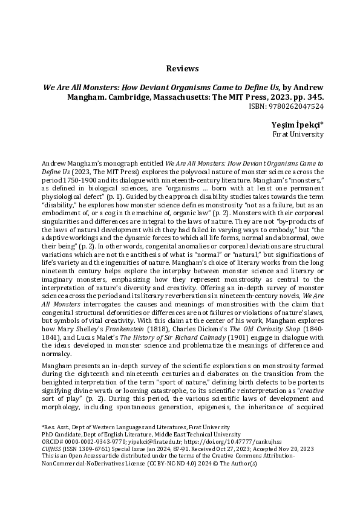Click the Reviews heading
(x=180, y=68)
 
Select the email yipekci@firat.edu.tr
(x=147, y=443)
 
